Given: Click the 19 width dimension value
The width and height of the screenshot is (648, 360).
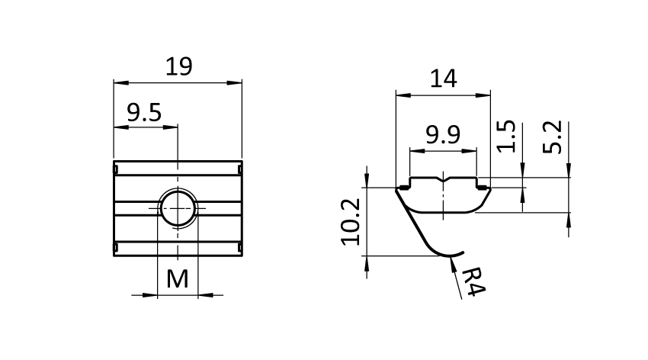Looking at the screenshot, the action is [x=178, y=66].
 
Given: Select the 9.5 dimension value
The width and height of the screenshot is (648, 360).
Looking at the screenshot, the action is [x=144, y=112].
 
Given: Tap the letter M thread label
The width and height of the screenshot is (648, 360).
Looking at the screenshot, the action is [x=178, y=279].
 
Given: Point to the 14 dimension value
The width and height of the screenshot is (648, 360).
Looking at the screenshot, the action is [x=444, y=79].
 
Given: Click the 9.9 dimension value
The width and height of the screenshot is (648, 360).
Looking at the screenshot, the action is [x=443, y=135].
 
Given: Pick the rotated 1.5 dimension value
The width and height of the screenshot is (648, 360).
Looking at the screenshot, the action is [x=506, y=137].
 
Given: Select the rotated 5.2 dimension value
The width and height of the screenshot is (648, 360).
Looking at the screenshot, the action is [x=553, y=137].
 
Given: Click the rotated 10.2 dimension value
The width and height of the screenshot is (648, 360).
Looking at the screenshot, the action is [x=351, y=222].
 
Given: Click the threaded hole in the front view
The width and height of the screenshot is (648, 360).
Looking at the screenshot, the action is [x=178, y=208].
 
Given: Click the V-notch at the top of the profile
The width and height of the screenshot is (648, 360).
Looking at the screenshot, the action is [x=443, y=180].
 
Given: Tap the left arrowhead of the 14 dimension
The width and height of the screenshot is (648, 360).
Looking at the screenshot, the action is [x=403, y=95].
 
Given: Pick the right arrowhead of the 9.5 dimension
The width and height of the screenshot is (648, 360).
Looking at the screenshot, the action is [x=170, y=127].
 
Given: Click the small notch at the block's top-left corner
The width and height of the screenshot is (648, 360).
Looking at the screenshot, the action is [x=116, y=169].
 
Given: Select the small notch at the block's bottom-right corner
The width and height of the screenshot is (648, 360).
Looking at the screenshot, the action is [x=239, y=248].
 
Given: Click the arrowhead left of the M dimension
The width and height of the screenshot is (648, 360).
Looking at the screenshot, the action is [x=149, y=295].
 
